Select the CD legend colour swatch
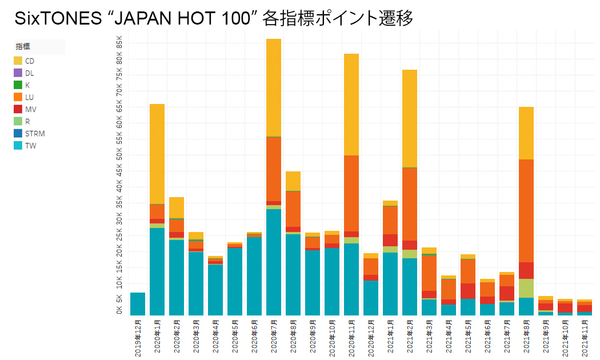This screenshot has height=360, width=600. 18,61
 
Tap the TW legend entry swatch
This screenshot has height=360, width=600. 18,146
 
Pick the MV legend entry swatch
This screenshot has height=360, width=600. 18,109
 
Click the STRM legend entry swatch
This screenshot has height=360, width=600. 18,134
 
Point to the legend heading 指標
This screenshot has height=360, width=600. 23,47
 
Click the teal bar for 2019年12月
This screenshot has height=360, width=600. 138,303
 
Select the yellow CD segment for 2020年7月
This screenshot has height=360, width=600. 274,87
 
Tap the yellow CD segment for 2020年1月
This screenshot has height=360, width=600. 157,154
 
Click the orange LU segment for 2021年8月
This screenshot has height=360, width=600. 526,211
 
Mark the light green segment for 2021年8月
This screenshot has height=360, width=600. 526,288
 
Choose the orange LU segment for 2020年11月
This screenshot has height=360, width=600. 351,193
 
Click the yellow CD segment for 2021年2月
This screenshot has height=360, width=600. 410,118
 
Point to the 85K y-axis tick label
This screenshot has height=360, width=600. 119,42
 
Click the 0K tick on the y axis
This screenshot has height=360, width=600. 119,310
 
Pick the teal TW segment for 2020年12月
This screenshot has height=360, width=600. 371,298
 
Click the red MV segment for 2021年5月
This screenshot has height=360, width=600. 468,291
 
